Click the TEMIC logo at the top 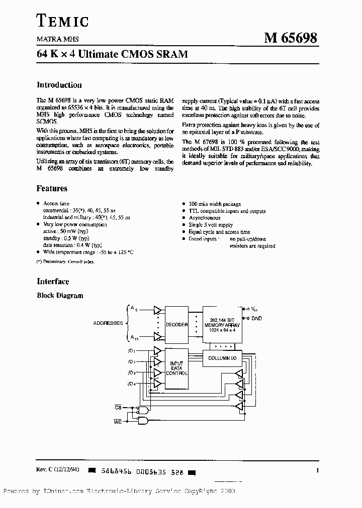pyautogui.click(x=63, y=21)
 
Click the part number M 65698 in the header pyautogui.click(x=291, y=38)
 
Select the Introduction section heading pyautogui.click(x=59, y=85)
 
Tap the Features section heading pyautogui.click(x=52, y=189)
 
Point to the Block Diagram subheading pyautogui.click(x=60, y=296)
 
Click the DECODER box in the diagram pyautogui.click(x=176, y=324)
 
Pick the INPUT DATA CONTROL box pyautogui.click(x=176, y=368)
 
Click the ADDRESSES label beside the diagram pyautogui.click(x=108, y=323)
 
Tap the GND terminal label pyautogui.click(x=256, y=318)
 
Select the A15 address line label pyautogui.click(x=134, y=337)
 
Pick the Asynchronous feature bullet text pyautogui.click(x=205, y=218)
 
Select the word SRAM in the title pyautogui.click(x=171, y=54)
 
